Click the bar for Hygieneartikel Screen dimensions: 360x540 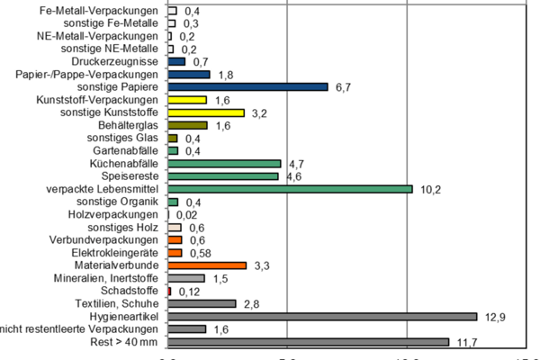[x=322, y=317]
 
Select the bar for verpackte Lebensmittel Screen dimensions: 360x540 [x=290, y=189]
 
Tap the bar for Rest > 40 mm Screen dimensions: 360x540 [x=308, y=342]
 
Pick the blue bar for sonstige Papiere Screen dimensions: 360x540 [x=247, y=87]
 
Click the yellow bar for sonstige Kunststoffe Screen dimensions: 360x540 [x=206, y=112]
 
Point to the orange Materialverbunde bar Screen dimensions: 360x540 [x=207, y=265]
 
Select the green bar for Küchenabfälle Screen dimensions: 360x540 [x=224, y=164]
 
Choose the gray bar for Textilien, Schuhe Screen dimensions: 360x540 [x=202, y=304]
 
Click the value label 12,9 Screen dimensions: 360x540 [x=494, y=317]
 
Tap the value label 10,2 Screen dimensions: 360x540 [x=430, y=189]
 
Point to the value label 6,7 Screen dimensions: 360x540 [x=343, y=87]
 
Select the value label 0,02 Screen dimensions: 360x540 [x=186, y=215]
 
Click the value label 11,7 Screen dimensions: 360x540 [x=465, y=342]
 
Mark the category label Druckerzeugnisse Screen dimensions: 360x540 [x=121, y=62]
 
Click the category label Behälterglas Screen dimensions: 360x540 [x=130, y=126]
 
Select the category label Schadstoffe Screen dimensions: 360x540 [x=133, y=292]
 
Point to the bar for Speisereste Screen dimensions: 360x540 [x=223, y=176]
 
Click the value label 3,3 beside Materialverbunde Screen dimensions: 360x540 [x=262, y=265]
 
